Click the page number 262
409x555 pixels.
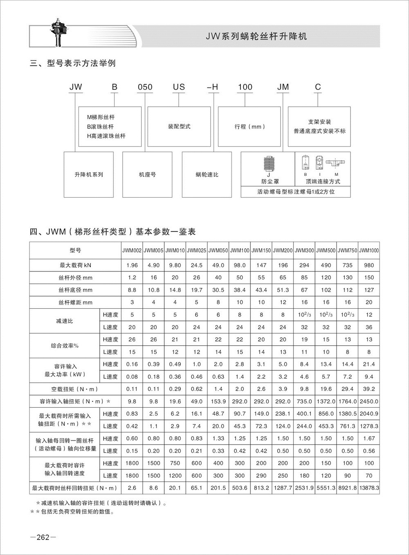[43, 537]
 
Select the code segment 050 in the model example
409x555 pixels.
[145, 87]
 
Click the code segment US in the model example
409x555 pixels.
[179, 87]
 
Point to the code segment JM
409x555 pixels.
[283, 87]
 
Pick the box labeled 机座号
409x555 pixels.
[147, 175]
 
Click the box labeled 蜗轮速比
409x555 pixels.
[207, 175]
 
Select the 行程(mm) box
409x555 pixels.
[249, 127]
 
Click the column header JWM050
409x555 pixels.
[218, 250]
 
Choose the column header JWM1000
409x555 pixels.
[369, 250]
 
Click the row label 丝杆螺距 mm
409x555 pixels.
[76, 303]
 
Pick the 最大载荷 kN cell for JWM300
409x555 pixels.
[304, 265]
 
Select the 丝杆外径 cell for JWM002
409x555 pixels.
[132, 278]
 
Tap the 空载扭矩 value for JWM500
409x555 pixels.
[326, 389]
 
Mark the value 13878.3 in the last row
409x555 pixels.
[369, 488]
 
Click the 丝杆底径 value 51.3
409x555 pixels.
[283, 290]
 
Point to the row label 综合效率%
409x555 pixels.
[65, 346]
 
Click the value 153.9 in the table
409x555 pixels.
[218, 402]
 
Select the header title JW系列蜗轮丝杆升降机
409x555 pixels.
[256, 36]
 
